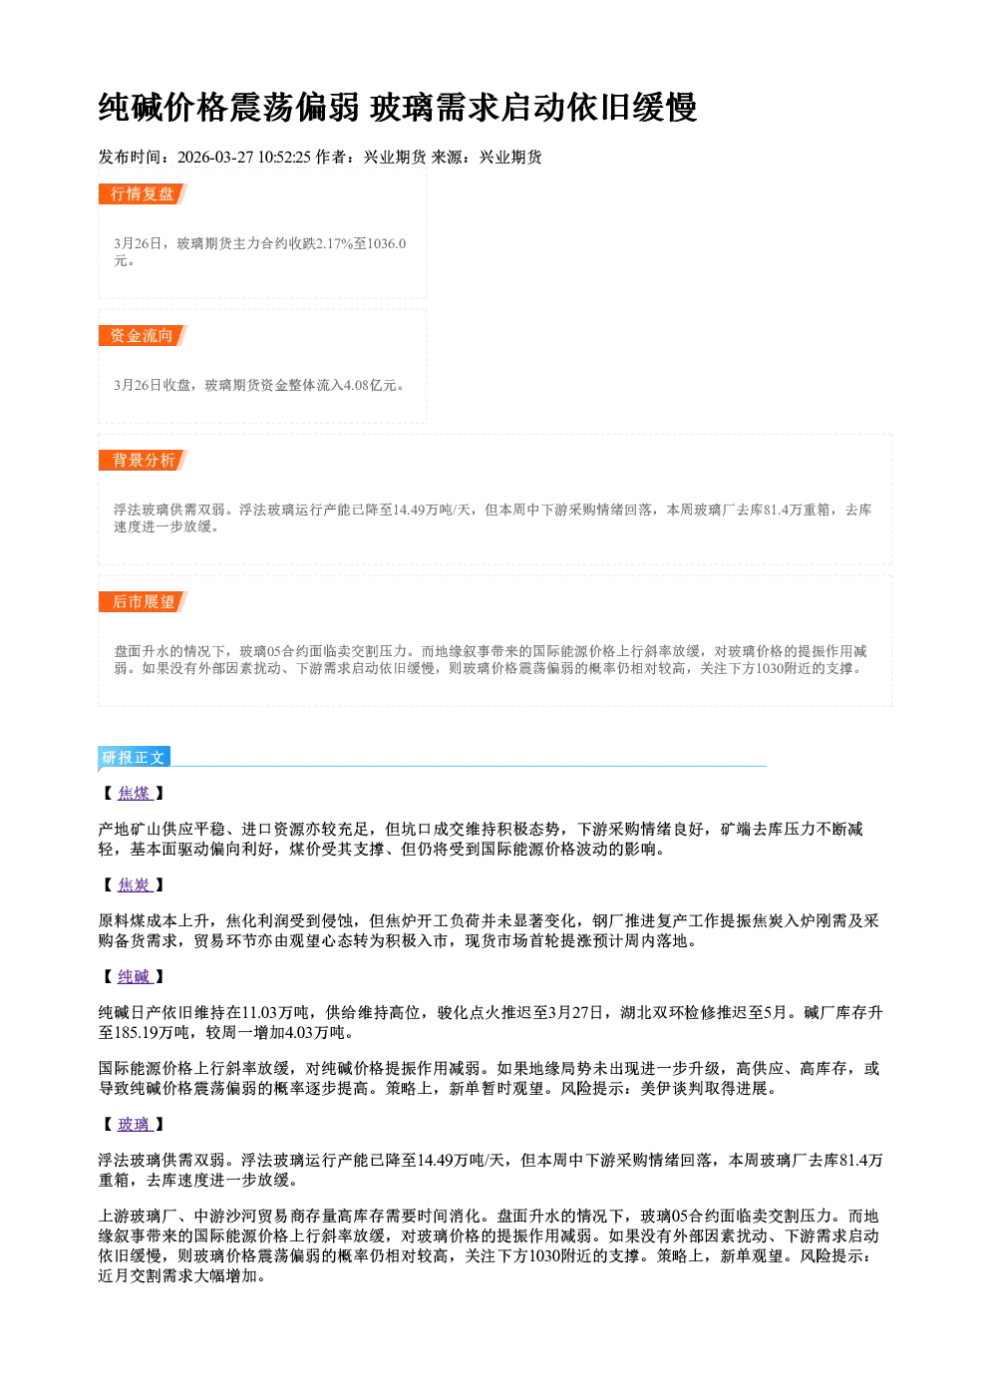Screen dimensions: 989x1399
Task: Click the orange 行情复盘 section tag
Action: pos(143,193)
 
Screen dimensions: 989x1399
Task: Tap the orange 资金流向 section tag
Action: pos(143,335)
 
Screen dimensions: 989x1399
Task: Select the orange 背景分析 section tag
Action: pos(143,460)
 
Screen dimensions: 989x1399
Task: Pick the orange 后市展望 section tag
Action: pos(143,601)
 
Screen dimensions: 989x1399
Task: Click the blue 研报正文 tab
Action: pos(134,757)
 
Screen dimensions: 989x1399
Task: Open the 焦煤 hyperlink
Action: pos(134,793)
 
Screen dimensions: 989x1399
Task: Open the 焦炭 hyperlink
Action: pos(134,885)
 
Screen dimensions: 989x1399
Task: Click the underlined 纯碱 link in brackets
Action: pos(134,976)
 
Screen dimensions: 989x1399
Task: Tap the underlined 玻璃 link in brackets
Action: pos(134,1124)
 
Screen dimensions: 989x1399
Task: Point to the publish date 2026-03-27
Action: pos(215,157)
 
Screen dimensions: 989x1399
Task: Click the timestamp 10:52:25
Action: pos(284,157)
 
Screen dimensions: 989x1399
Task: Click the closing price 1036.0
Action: pos(387,243)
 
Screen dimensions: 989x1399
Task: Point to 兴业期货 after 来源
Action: pos(510,157)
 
